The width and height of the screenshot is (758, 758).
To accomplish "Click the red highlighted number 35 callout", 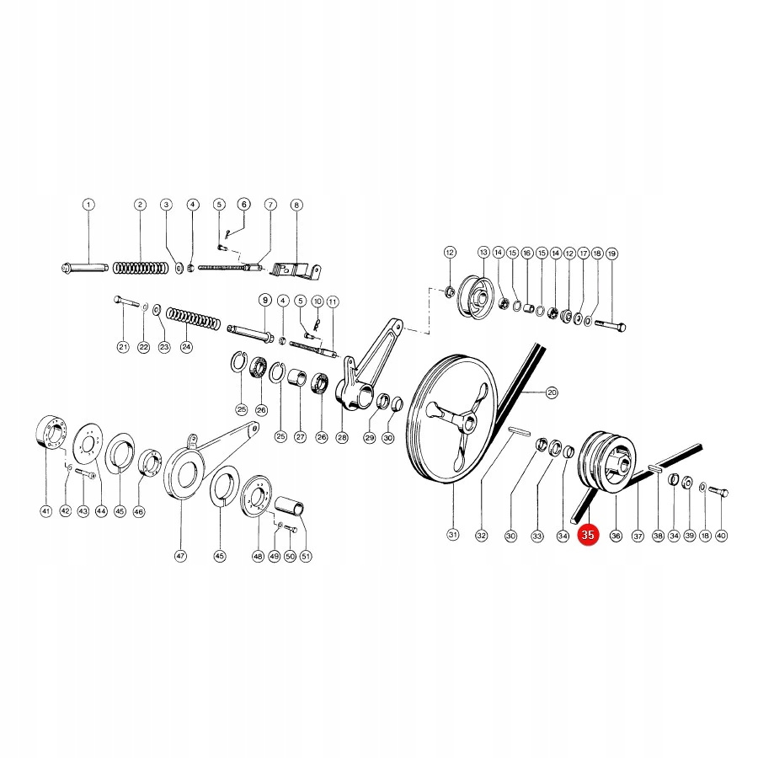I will [588, 535].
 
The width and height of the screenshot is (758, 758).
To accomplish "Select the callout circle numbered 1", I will [88, 205].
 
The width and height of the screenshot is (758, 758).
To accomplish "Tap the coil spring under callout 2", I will [141, 268].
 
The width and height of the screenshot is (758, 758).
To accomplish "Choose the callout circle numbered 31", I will [452, 535].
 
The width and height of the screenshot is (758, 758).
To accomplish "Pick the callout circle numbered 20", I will [552, 392].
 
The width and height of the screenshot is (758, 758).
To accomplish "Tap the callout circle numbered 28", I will [342, 437].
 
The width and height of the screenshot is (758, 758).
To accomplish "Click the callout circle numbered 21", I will [123, 347].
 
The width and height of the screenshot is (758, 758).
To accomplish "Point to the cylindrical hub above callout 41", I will [52, 437].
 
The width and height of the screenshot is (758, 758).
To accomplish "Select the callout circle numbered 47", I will [180, 556].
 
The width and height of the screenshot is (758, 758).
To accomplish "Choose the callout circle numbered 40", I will [721, 535].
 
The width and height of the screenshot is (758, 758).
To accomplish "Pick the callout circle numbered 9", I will [264, 300].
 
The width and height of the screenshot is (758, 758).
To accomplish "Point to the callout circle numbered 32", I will [482, 535].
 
